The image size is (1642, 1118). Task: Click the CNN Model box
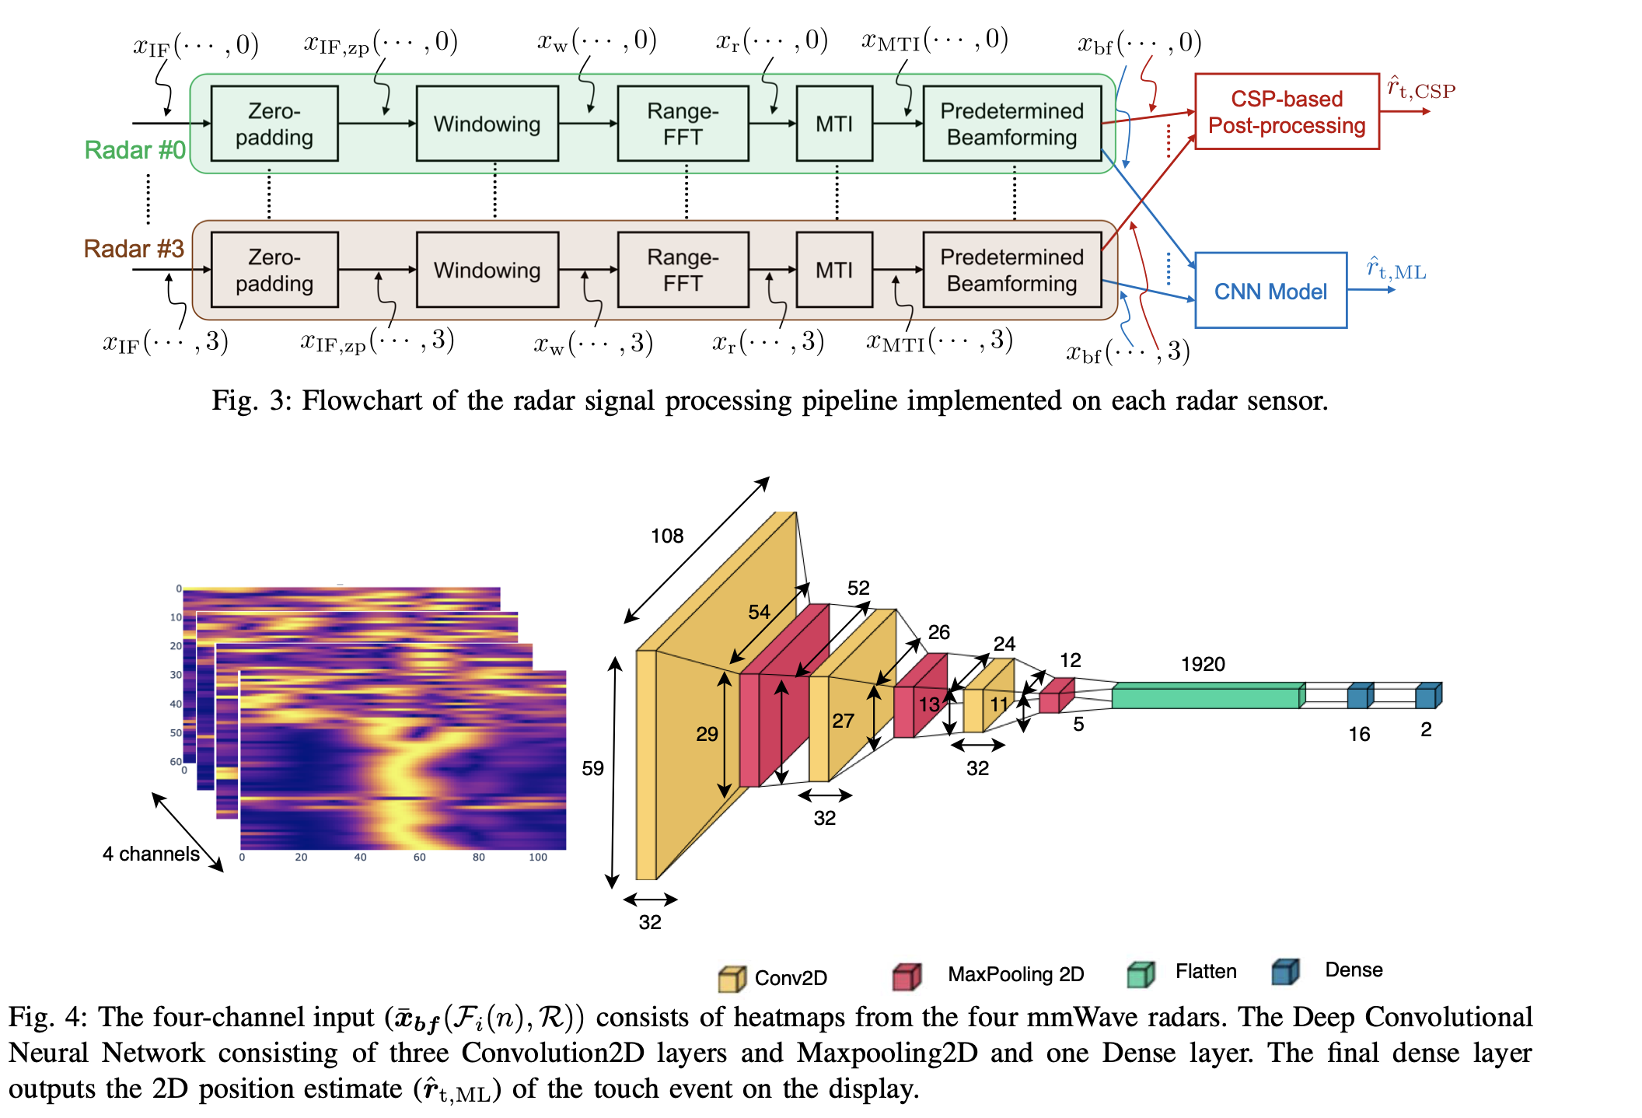(x=1270, y=291)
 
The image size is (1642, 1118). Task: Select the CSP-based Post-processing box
(x=1286, y=112)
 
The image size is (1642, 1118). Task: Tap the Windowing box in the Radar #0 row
(x=487, y=124)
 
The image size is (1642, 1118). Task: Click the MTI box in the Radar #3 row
(x=833, y=270)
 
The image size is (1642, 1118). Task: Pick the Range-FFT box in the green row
(x=683, y=124)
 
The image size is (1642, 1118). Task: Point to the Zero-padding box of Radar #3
(x=274, y=270)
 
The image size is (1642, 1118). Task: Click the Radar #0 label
(x=135, y=149)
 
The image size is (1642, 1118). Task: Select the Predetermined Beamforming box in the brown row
(x=1011, y=270)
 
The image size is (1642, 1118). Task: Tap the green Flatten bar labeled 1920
(x=1205, y=696)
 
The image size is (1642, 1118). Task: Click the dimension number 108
(x=667, y=536)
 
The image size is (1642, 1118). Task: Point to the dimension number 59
(x=592, y=768)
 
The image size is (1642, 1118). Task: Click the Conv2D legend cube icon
(x=732, y=978)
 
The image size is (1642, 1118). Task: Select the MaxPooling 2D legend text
(x=1015, y=974)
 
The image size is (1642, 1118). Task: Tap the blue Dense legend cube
(x=1285, y=972)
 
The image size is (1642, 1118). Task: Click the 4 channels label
(x=151, y=854)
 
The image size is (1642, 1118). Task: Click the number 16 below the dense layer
(x=1358, y=734)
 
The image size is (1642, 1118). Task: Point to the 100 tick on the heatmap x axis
(x=537, y=857)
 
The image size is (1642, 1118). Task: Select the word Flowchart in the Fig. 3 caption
(x=362, y=400)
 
